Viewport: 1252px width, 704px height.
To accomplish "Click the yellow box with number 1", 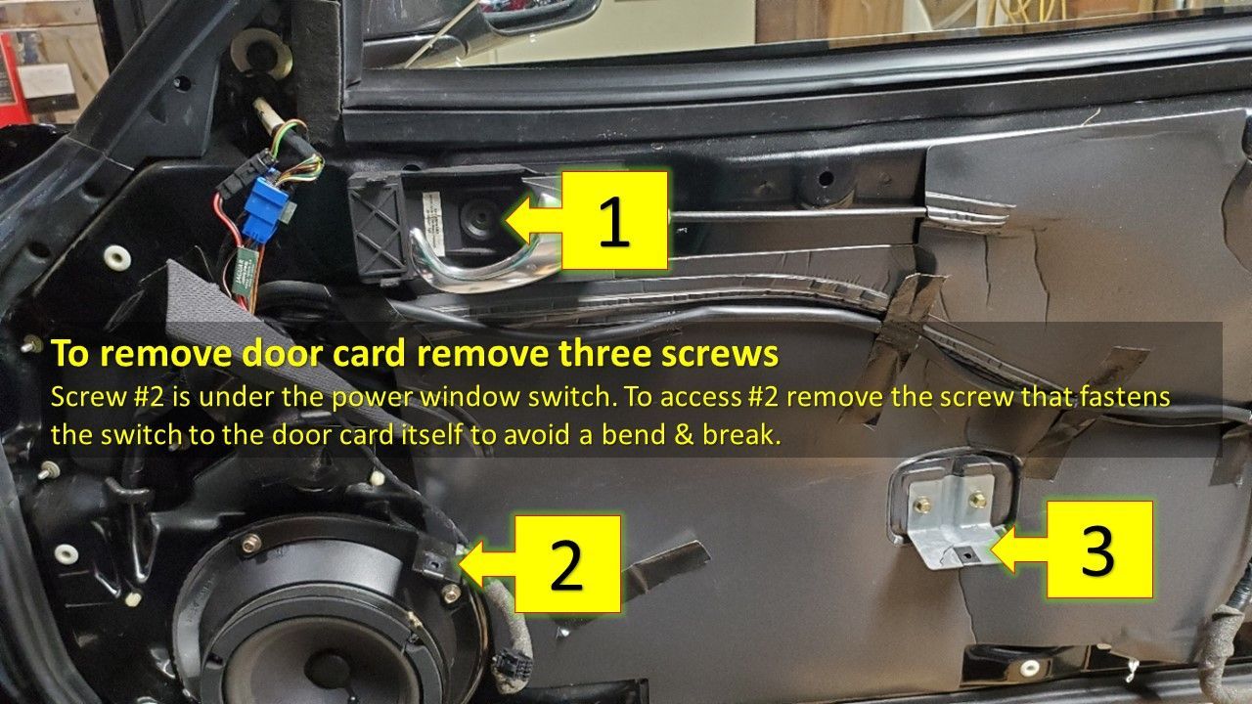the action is pos(614,221).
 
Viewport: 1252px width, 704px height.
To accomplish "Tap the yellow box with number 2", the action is pos(567,564).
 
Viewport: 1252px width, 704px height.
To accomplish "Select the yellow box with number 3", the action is pos(1099,550).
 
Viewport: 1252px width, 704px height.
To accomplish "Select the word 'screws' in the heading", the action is pos(720,355).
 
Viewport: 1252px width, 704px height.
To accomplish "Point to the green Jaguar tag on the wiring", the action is pos(246,272).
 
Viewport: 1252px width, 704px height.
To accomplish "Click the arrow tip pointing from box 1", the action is pos(507,220).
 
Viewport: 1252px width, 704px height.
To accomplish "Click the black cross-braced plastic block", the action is pos(379,225).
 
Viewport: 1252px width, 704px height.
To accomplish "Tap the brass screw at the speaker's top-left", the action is pos(251,542).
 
